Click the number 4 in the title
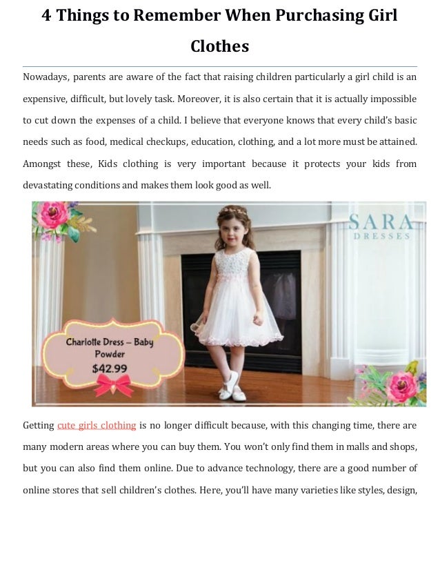[x=47, y=15]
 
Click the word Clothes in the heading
[x=219, y=47]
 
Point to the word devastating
[x=50, y=186]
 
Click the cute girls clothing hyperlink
[x=97, y=425]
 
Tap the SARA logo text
[x=381, y=222]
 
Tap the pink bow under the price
[x=114, y=385]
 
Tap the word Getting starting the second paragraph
[x=38, y=425]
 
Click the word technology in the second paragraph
[x=270, y=469]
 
